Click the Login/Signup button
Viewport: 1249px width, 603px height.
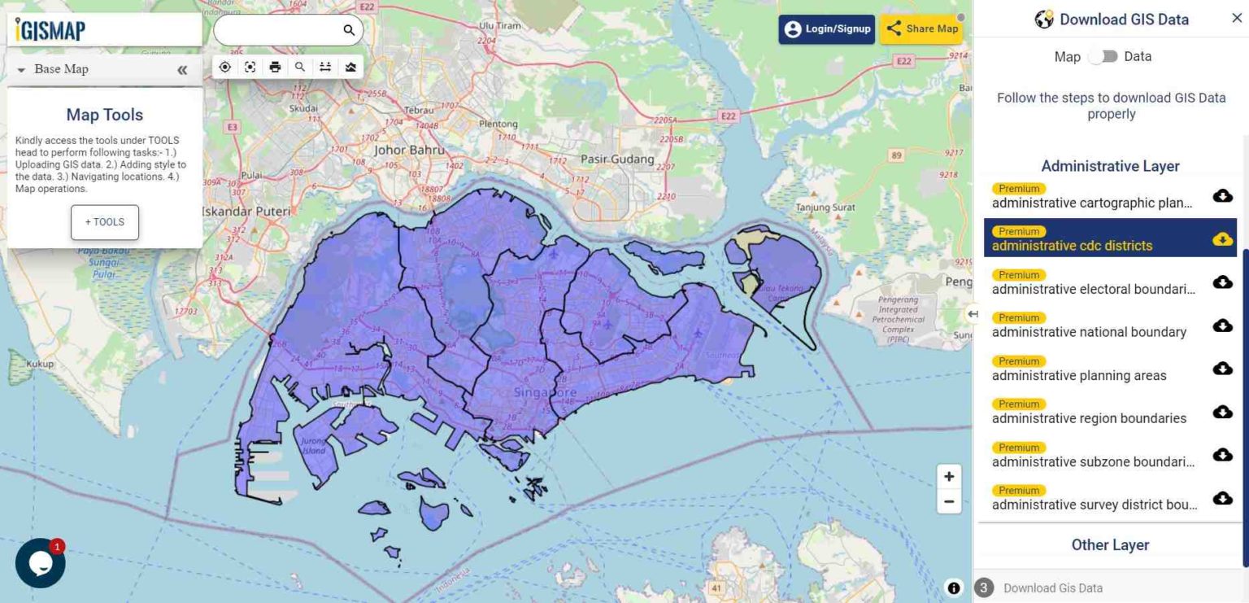coord(826,29)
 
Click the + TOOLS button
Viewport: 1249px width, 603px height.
coord(104,222)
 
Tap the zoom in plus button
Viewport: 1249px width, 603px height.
coord(948,477)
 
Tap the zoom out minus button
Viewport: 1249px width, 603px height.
coord(948,502)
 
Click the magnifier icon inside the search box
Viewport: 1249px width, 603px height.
coord(349,30)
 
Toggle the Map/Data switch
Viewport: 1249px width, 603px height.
coord(1103,57)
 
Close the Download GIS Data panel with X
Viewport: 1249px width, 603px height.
coord(1237,19)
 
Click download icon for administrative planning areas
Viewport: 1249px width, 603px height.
coord(1222,369)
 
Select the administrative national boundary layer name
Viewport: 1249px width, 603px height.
coord(1089,332)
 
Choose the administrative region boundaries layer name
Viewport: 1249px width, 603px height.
coord(1089,418)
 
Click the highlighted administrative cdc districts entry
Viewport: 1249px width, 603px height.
coord(1072,245)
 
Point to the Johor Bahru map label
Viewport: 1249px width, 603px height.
coord(409,150)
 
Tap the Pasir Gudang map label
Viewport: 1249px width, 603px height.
coord(619,159)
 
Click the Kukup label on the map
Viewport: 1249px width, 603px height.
coord(40,365)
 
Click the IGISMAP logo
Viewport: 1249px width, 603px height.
coord(50,30)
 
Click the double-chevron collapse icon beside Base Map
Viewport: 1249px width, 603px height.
coord(182,70)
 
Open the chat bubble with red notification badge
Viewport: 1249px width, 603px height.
coord(40,562)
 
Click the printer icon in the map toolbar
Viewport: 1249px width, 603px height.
coord(275,67)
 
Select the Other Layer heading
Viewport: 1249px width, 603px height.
coord(1110,545)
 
